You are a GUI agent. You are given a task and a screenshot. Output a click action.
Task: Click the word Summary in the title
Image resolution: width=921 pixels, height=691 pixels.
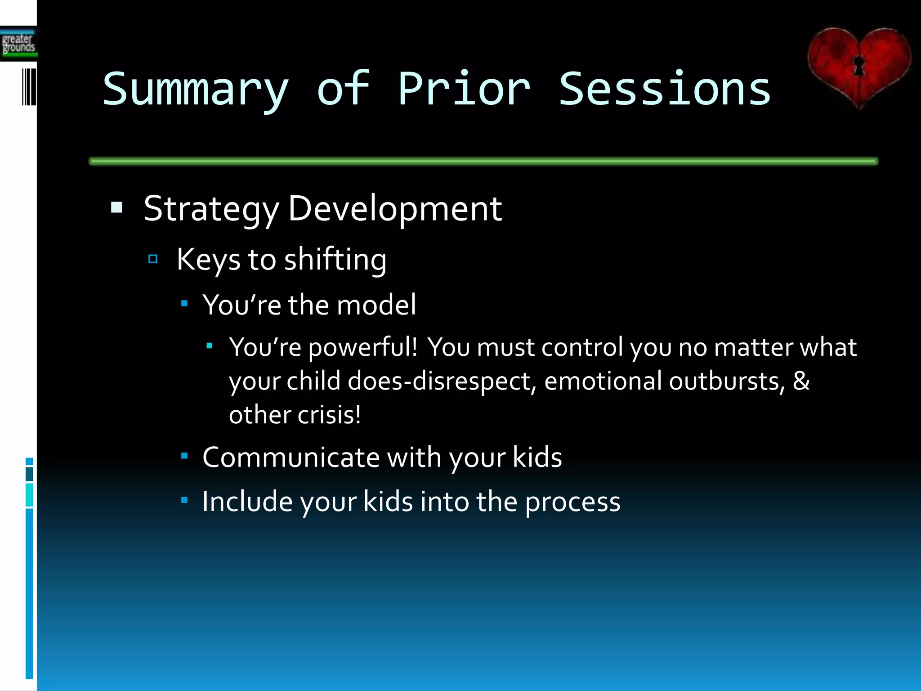click(195, 90)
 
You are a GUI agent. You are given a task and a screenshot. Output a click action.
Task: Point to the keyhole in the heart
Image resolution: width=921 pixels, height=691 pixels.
click(859, 66)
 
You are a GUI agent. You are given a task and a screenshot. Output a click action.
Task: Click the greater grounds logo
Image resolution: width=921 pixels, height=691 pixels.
click(18, 44)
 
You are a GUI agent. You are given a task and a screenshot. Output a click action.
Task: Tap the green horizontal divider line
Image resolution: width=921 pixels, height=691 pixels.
click(483, 161)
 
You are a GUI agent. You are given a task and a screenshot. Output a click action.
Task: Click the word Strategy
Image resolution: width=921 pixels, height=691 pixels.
click(211, 209)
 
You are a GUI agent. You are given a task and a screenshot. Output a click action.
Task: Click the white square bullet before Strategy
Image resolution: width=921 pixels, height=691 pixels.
click(116, 207)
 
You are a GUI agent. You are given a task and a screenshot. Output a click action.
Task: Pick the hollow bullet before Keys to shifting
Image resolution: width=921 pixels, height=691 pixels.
click(153, 259)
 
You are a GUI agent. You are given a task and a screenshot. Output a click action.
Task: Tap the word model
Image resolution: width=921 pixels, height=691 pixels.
click(376, 305)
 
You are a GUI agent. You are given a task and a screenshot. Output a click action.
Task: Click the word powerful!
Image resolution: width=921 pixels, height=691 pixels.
click(363, 348)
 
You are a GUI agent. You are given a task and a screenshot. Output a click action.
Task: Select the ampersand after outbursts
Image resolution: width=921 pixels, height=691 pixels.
click(801, 381)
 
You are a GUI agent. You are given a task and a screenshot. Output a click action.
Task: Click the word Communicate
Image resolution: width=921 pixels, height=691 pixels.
click(291, 458)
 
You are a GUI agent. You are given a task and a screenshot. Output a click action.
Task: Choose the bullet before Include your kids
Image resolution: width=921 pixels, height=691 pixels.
click(184, 500)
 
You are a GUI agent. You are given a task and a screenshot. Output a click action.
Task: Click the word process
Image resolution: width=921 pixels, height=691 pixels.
click(572, 502)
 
